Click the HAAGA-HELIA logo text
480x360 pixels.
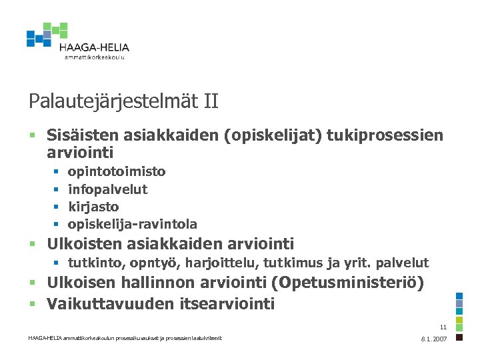(94, 47)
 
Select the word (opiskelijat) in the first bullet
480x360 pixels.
(277, 135)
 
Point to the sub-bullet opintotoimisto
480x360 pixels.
(117, 171)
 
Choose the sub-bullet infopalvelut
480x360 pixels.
(108, 189)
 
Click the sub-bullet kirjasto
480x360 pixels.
(93, 207)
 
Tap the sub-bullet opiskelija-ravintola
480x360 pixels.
(133, 225)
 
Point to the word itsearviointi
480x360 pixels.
(227, 304)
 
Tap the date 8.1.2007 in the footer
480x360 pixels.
(434, 339)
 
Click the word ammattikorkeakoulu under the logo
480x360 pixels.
(95, 57)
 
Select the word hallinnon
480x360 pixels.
(157, 283)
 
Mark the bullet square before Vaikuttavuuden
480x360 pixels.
(32, 305)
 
